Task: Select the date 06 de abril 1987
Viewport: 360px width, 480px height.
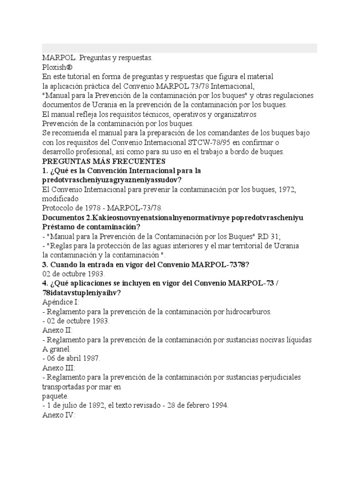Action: point(74,359)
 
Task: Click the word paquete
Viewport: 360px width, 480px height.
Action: point(55,396)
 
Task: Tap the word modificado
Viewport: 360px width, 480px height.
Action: point(60,199)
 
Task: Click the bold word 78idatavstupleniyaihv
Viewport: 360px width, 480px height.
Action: point(82,293)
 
